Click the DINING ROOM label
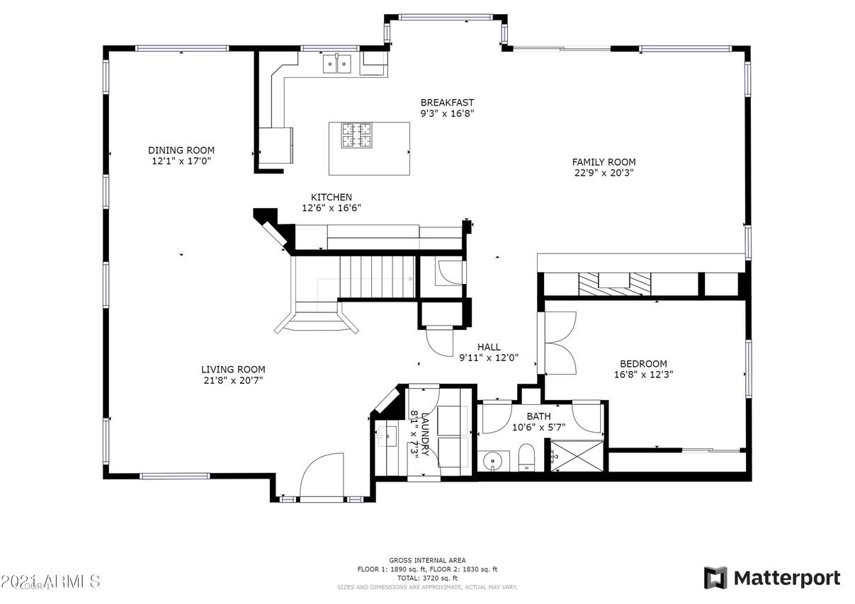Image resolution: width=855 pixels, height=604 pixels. (181, 150)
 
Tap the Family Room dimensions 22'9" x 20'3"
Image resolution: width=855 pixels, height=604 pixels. (604, 172)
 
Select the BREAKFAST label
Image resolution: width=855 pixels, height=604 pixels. (447, 103)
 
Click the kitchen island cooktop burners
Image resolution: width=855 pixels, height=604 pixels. (357, 135)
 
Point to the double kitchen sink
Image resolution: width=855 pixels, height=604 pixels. (337, 64)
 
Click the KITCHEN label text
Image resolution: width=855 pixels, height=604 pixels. (332, 197)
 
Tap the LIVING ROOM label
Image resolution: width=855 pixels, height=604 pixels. (233, 369)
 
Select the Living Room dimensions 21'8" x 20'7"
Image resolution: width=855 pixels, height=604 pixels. (233, 380)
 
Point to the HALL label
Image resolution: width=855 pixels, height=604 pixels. (489, 347)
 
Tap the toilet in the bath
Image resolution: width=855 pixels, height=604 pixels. (526, 457)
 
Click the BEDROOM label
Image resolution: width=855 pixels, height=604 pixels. (643, 364)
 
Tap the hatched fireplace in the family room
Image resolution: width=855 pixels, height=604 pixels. (614, 282)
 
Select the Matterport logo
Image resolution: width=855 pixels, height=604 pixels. (772, 578)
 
